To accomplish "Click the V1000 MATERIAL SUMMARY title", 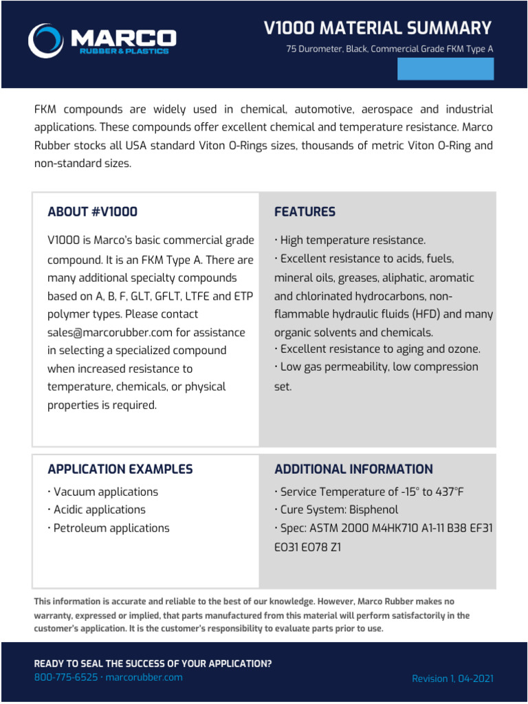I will coord(378,28).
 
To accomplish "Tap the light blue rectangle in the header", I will coord(445,69).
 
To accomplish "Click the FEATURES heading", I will coord(305,212).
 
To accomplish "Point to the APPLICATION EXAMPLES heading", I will coord(120,469).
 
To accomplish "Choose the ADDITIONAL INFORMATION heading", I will coord(353,469).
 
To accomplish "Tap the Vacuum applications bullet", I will coord(103,492).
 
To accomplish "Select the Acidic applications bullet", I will coord(97,509).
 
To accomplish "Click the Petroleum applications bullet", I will coord(109,528).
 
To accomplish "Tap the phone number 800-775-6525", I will coord(65,677).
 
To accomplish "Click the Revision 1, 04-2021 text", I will coord(452,679).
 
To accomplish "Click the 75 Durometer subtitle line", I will coord(390,49).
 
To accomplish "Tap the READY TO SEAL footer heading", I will coord(153,663).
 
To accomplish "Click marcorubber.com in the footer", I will coord(144,677).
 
